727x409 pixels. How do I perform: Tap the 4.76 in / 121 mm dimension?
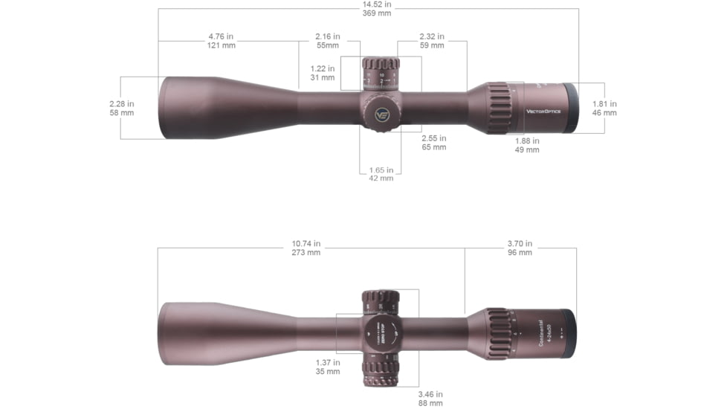(x=221, y=40)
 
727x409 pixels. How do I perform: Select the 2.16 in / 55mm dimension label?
(x=327, y=40)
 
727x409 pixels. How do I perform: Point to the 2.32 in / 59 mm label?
(x=431, y=40)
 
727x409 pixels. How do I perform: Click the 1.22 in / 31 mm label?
(x=323, y=73)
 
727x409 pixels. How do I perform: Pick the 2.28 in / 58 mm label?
(x=122, y=109)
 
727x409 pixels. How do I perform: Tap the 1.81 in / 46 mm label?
(x=604, y=109)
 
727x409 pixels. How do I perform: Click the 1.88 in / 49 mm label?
(x=527, y=145)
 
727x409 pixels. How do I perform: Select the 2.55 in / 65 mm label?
(x=433, y=142)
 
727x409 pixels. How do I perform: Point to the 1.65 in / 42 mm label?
(x=381, y=174)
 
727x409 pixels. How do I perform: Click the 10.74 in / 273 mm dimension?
(x=306, y=248)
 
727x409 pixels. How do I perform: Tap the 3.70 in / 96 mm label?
(x=520, y=248)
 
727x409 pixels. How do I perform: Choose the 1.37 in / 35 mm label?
(x=328, y=367)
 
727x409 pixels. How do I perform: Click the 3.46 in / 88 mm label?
(x=430, y=398)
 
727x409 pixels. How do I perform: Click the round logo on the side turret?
(x=381, y=115)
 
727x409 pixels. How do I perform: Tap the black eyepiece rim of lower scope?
(x=567, y=333)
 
